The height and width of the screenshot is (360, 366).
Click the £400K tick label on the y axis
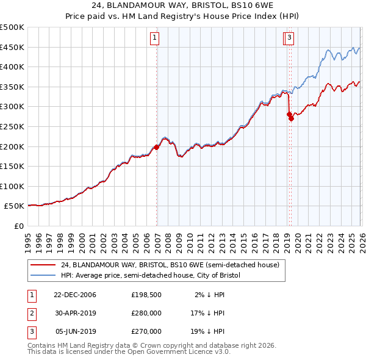(x=12, y=67)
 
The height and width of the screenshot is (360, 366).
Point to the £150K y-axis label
(x=12, y=166)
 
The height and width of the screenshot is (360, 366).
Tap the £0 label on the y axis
(x=19, y=226)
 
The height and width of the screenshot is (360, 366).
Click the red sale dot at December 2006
(x=157, y=147)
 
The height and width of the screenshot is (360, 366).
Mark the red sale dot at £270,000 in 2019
(x=291, y=119)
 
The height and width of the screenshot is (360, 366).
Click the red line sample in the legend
(x=42, y=265)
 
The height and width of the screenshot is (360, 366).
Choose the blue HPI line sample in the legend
(x=42, y=275)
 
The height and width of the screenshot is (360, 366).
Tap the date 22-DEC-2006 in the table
(x=75, y=295)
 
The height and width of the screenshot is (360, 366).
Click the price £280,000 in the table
(x=146, y=313)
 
